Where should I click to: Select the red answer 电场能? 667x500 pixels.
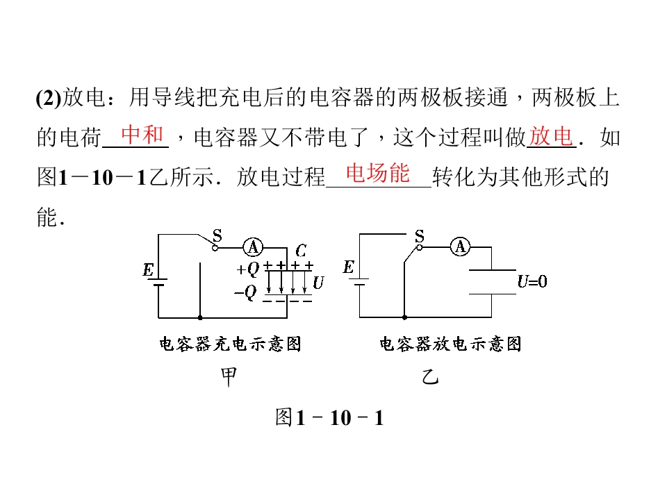378,173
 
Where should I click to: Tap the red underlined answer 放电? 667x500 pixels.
551,137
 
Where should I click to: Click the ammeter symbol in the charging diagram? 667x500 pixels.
253,247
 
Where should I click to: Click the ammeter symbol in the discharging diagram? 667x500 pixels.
460,247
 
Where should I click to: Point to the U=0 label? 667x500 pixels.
532,281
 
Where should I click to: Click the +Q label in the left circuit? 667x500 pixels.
248,269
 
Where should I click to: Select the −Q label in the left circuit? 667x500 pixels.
245,292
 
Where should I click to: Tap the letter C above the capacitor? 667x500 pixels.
301,251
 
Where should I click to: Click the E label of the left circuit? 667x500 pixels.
148,270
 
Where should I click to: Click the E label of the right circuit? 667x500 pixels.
348,267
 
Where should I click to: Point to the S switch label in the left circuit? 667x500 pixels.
217,235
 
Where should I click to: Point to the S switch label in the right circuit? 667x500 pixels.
420,235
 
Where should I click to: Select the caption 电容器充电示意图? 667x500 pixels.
230,344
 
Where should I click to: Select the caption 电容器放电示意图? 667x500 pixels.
450,344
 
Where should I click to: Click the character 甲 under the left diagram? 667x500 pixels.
229,376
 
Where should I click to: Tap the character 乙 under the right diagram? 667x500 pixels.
430,376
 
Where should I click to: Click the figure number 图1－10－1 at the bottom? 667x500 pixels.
329,417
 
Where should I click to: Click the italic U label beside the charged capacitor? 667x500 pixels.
318,283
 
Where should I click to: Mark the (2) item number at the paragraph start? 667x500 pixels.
49,98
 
